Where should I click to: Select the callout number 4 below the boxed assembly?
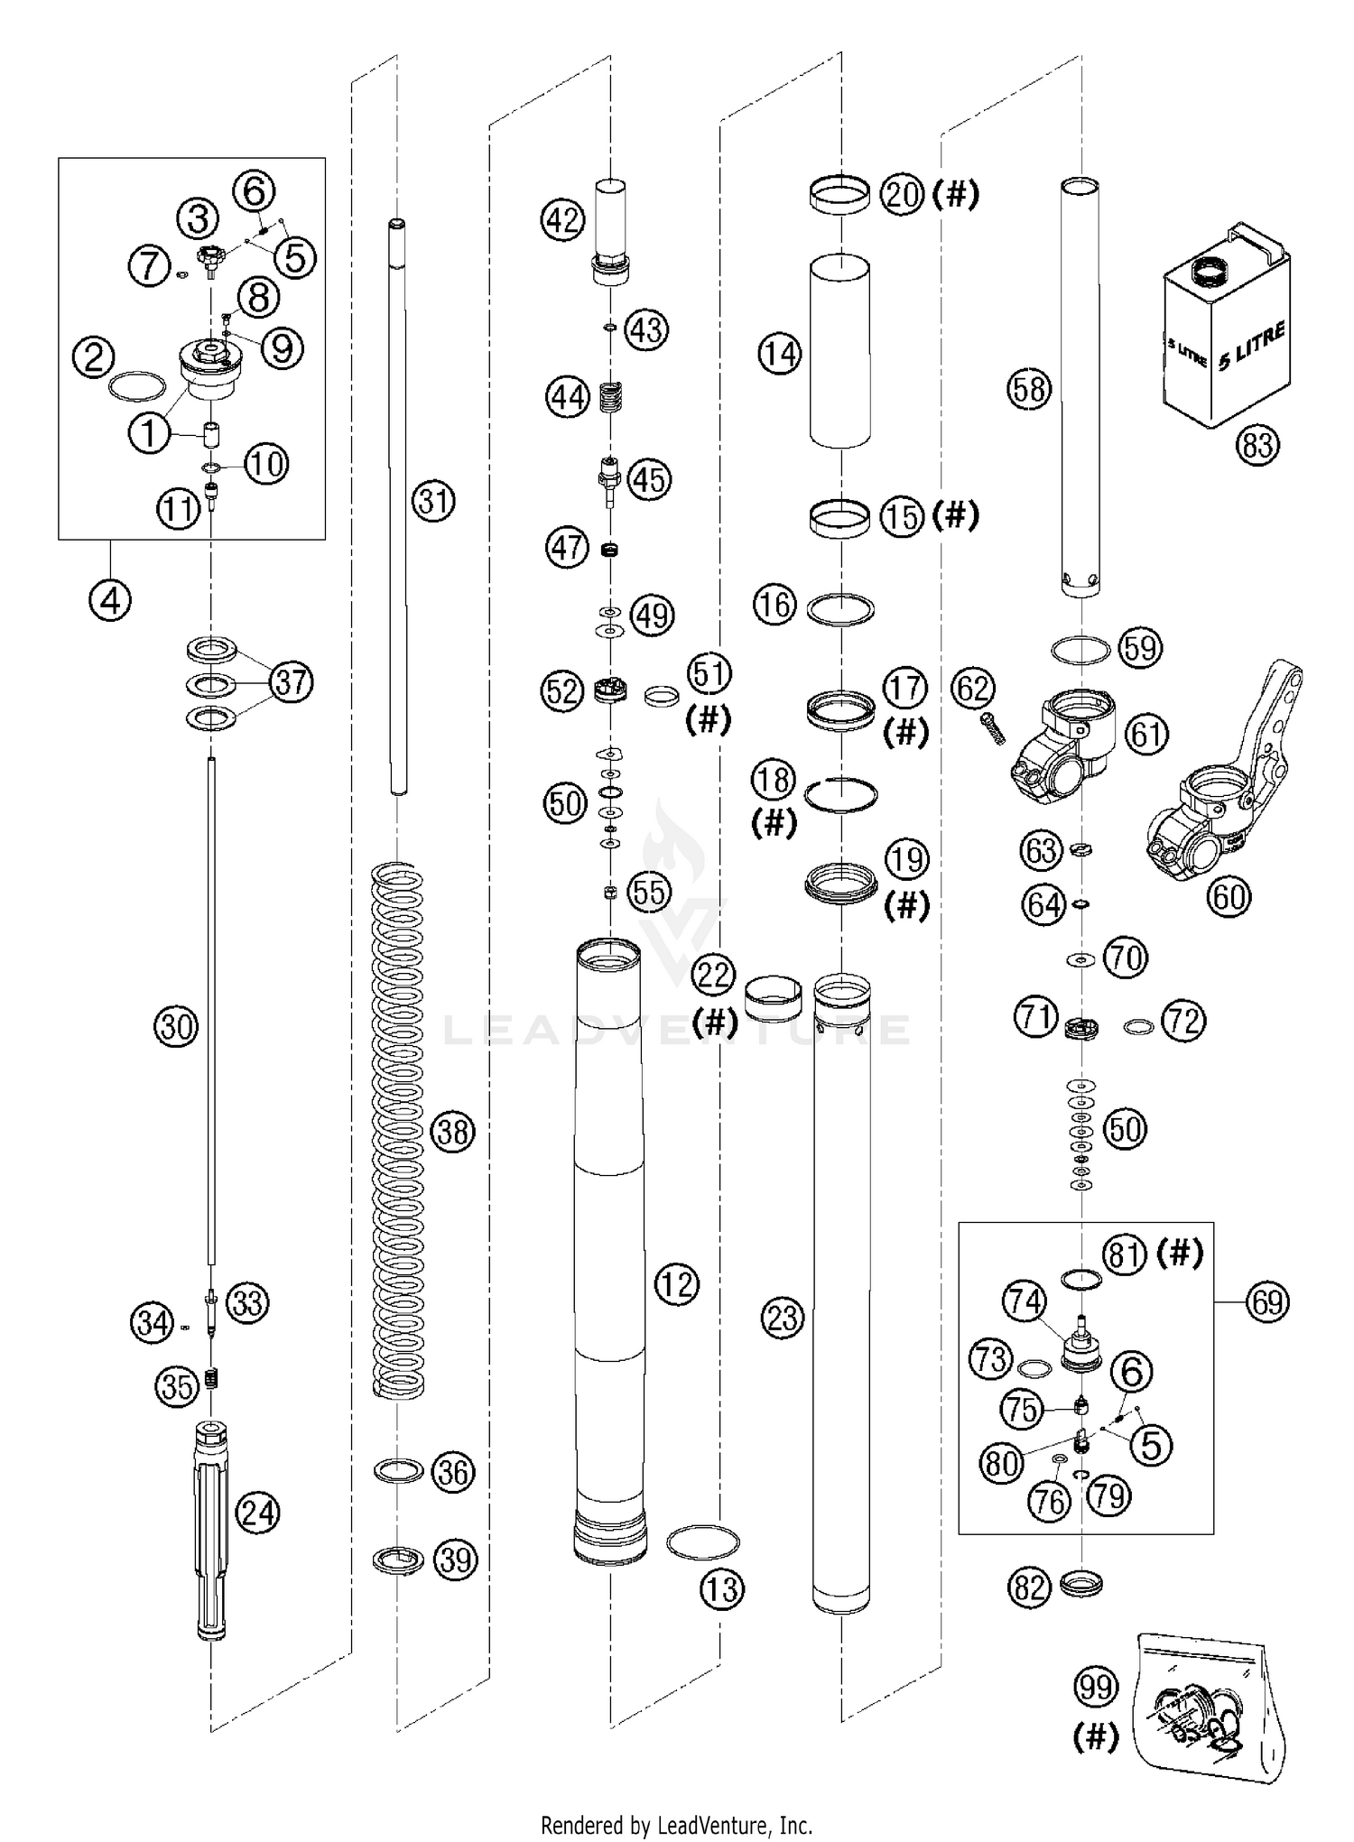point(110,599)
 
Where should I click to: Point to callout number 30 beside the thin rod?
point(176,1026)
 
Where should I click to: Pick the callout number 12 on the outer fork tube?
point(677,1283)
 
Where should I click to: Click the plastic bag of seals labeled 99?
point(1210,1706)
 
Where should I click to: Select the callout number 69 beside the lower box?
point(1267,1301)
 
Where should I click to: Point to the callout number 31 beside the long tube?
point(434,500)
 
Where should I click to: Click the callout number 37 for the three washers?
point(292,681)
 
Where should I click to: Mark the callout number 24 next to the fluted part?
point(257,1512)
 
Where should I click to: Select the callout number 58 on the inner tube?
point(1029,389)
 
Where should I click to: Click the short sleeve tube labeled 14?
point(839,352)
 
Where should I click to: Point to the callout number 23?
point(782,1318)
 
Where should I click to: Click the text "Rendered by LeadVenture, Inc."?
point(676,1825)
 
